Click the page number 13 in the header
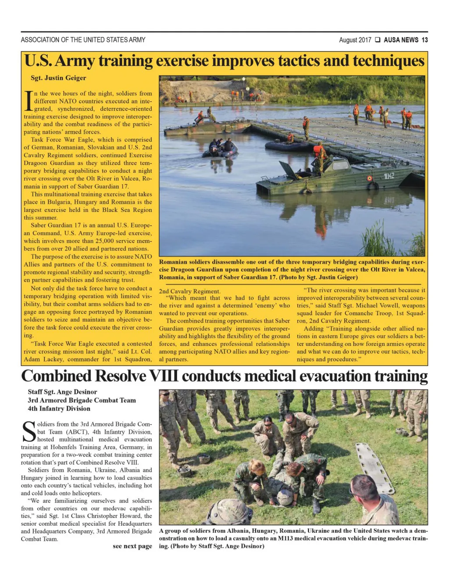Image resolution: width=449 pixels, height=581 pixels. coord(424,40)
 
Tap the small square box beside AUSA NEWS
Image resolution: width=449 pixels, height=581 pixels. coord(378,40)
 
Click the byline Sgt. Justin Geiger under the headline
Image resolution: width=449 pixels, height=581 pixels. coord(58,78)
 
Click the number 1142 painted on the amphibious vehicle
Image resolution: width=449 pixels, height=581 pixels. coord(389,176)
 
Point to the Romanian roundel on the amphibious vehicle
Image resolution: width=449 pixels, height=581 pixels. coord(370,178)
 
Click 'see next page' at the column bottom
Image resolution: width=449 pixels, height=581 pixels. coord(132,546)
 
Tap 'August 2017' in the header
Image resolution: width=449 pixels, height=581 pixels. coord(355,40)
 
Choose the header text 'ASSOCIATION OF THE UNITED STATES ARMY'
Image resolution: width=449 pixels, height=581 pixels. coord(83,40)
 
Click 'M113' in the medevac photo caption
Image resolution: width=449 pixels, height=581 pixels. coord(286,538)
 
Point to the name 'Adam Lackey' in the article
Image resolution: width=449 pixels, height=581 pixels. coord(41,360)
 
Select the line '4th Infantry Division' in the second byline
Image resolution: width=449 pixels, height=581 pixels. coord(59,409)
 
